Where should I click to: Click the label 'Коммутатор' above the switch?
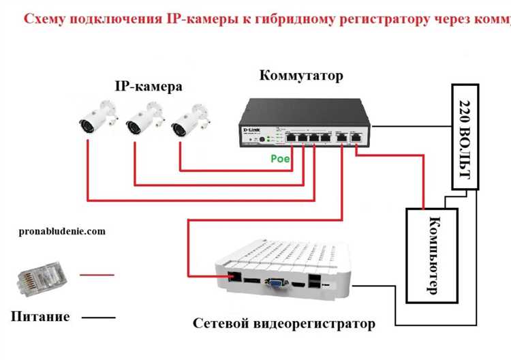click(x=301, y=75)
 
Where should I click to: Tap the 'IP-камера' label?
click(x=148, y=87)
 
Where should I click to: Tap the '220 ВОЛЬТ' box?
click(x=465, y=136)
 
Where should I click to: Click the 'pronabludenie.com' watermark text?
click(x=63, y=231)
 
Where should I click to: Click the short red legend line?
click(x=97, y=275)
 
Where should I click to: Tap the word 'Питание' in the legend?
click(x=40, y=316)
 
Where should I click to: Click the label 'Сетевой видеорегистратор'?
click(x=283, y=323)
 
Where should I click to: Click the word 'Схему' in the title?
click(x=47, y=18)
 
